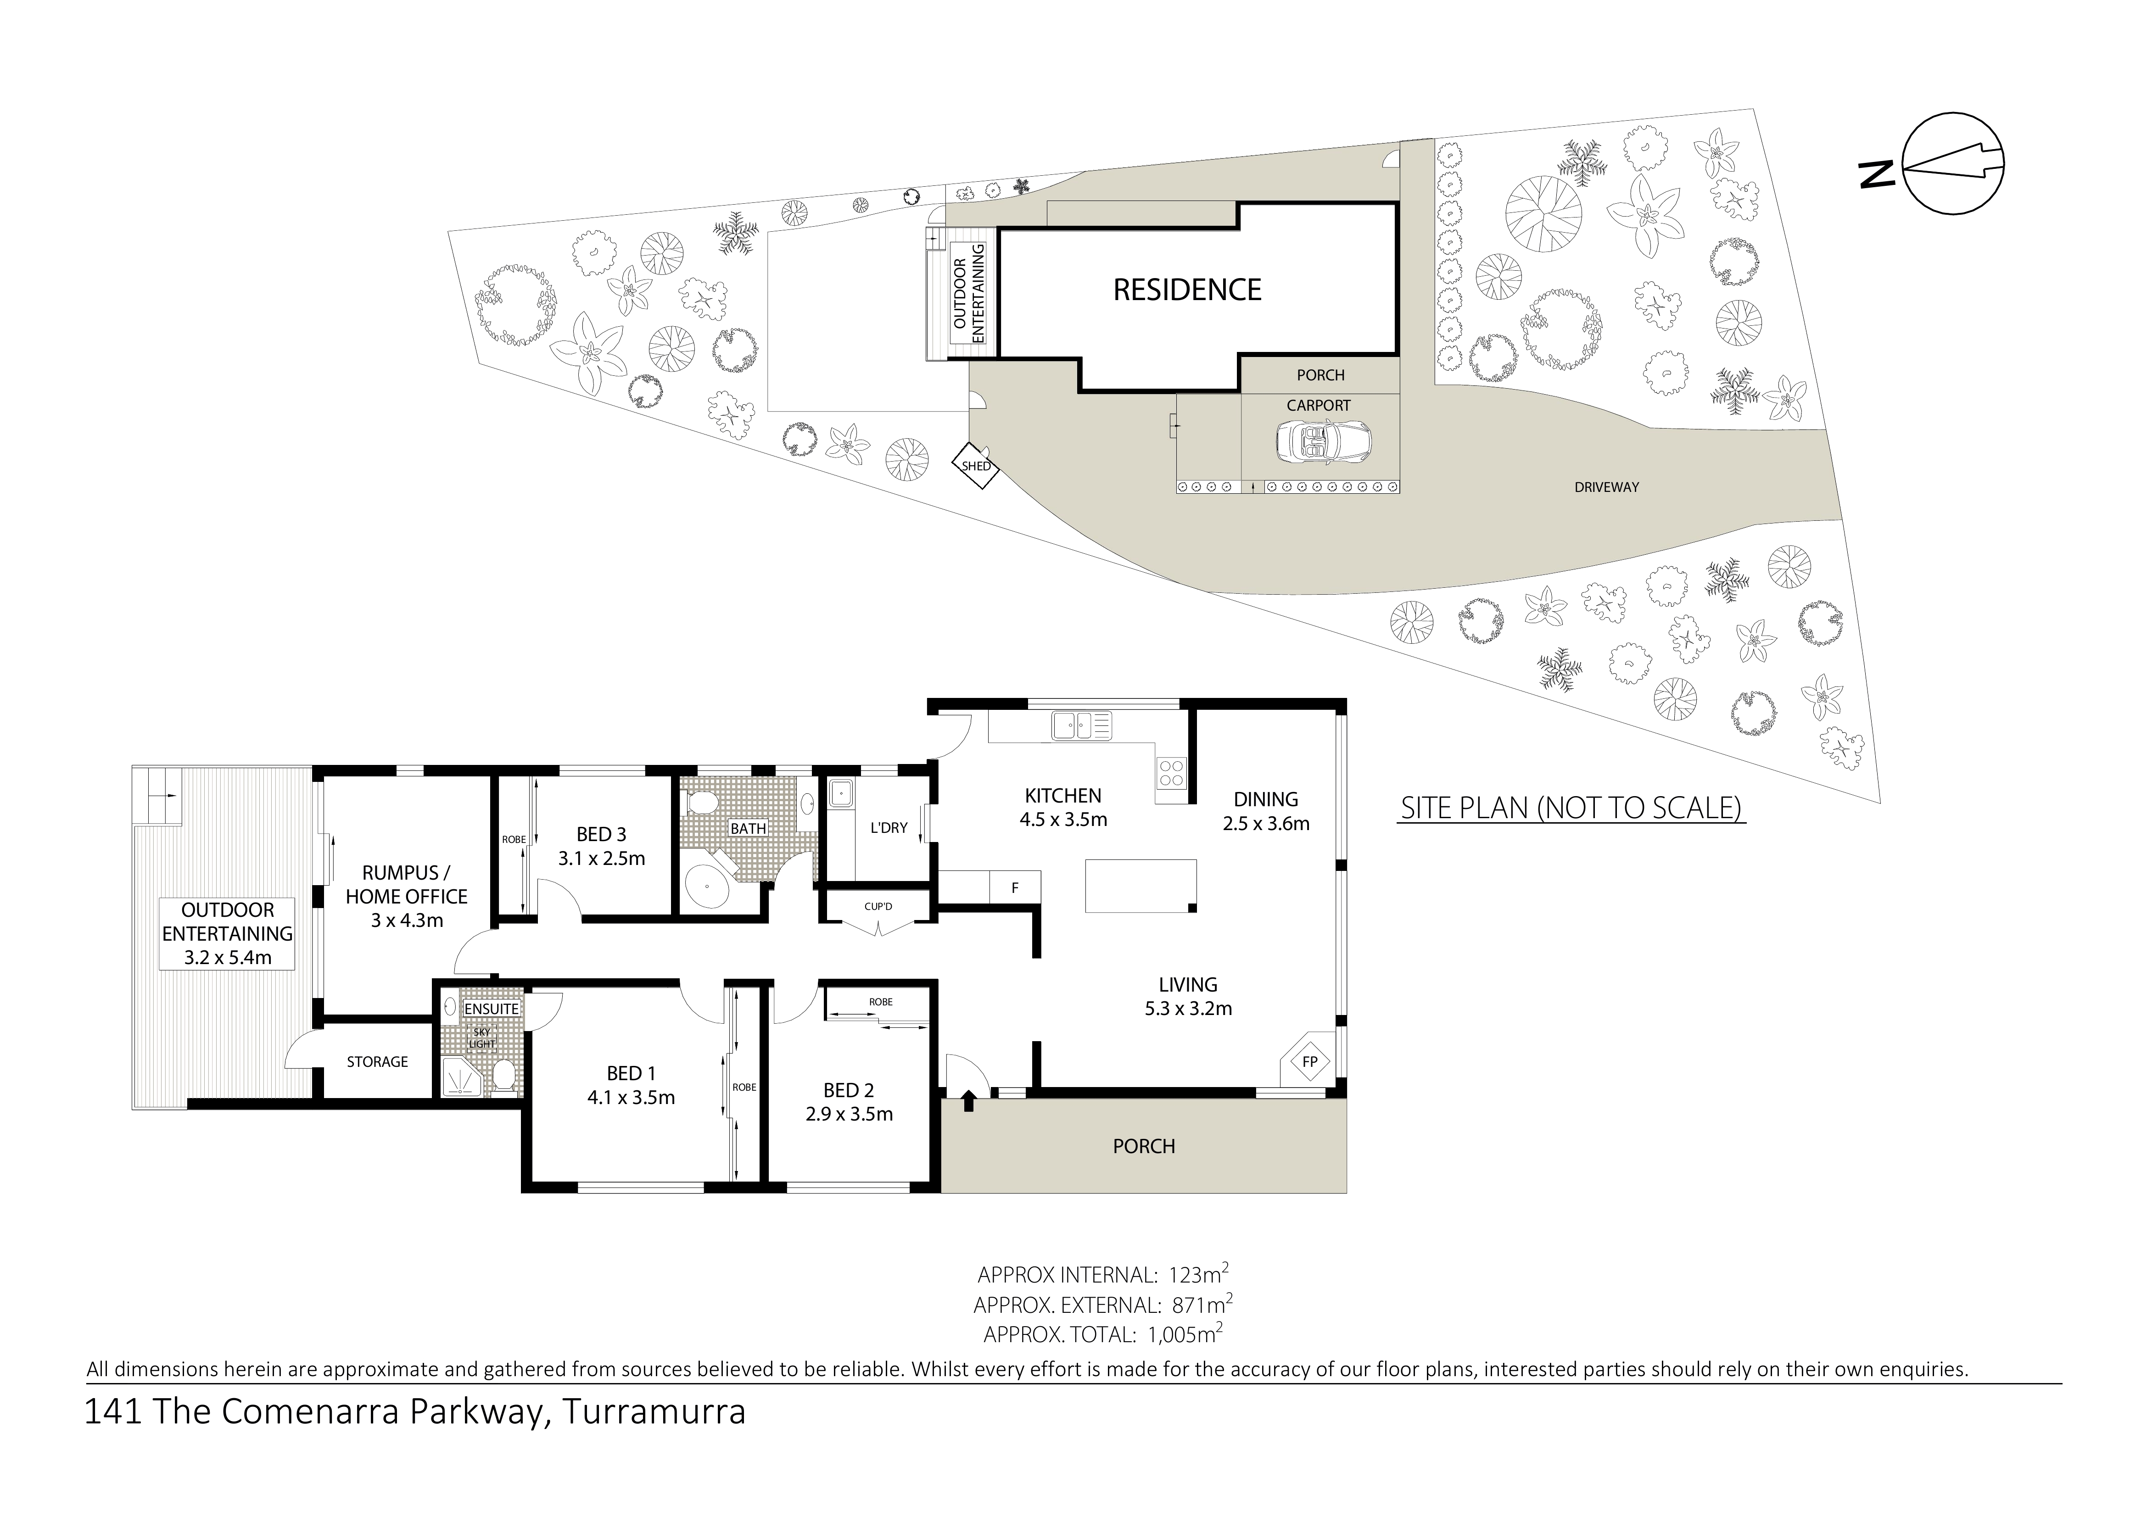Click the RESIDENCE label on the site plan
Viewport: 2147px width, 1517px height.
click(1187, 290)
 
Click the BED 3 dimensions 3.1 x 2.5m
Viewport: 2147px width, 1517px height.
click(601, 858)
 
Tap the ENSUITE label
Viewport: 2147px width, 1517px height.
click(491, 1009)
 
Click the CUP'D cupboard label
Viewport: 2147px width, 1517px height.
click(878, 907)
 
